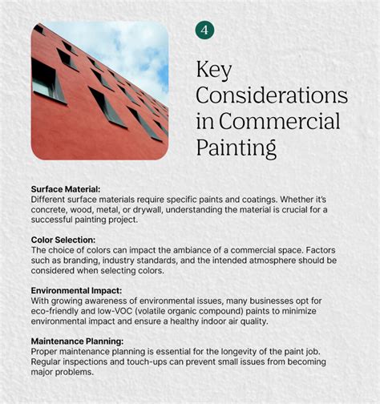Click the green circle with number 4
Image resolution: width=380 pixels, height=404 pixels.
(x=205, y=30)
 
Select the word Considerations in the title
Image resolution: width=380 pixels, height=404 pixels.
(x=272, y=97)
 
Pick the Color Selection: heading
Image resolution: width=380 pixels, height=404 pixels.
(x=63, y=240)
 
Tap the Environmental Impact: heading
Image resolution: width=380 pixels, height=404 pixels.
(x=77, y=290)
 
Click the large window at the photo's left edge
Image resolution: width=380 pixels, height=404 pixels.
(x=44, y=79)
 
